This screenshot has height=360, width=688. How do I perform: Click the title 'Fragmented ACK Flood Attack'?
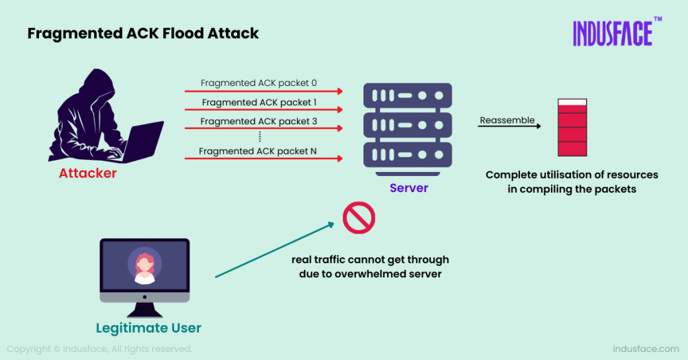(x=143, y=33)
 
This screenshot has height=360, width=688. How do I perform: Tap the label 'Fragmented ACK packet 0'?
(x=259, y=83)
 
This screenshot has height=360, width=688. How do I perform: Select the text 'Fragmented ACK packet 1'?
(x=259, y=103)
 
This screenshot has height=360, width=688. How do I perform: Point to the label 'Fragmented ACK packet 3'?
(x=259, y=122)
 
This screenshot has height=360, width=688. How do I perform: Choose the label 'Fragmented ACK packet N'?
(x=258, y=151)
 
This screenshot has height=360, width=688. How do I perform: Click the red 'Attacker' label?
(x=88, y=173)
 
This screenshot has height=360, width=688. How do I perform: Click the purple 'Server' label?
(x=408, y=188)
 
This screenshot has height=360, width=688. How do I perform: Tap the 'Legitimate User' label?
(x=148, y=328)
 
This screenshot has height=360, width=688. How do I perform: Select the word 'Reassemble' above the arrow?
(x=507, y=120)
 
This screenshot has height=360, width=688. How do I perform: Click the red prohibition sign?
(x=359, y=218)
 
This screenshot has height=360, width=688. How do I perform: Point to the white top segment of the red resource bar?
(x=572, y=102)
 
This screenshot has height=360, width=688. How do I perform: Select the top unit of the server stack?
(x=408, y=95)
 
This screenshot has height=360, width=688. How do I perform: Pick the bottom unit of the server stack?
(x=408, y=154)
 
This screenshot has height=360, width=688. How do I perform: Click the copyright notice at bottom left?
(x=99, y=349)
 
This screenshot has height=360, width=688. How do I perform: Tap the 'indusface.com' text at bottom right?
(x=646, y=349)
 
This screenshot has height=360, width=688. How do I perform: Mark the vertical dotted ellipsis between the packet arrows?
(x=259, y=136)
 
